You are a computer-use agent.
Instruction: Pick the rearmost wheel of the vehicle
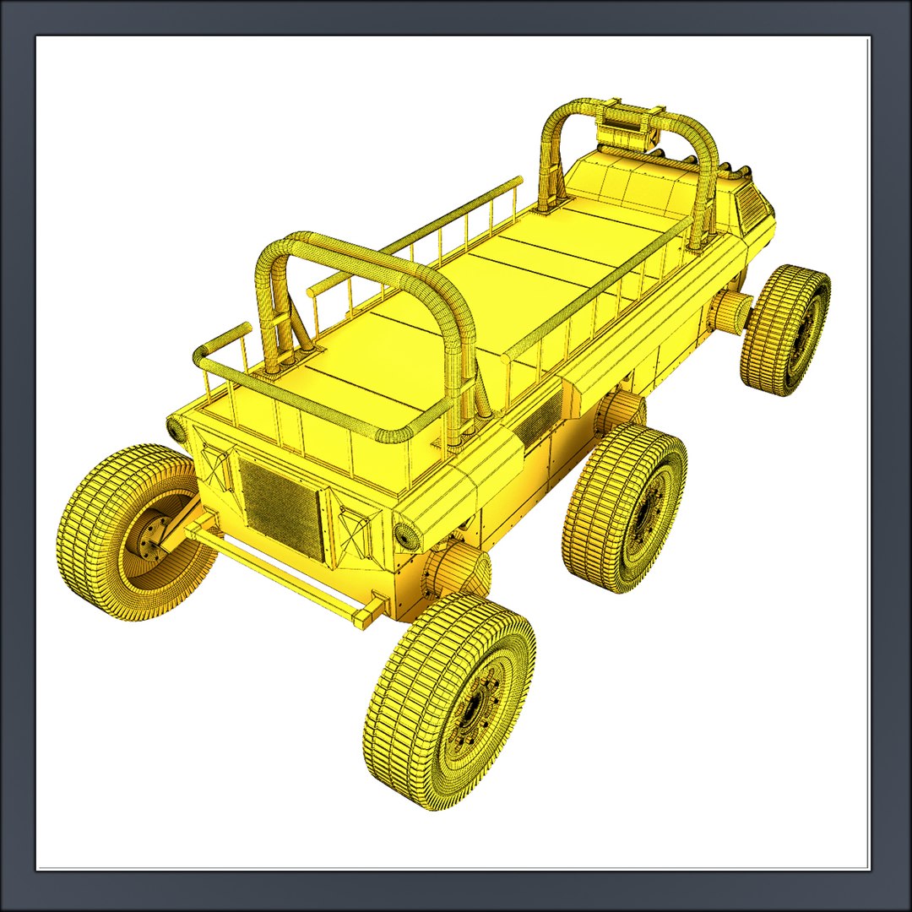click(785, 329)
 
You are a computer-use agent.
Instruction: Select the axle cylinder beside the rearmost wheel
click(729, 312)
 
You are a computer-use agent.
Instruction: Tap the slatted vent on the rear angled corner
click(751, 203)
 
